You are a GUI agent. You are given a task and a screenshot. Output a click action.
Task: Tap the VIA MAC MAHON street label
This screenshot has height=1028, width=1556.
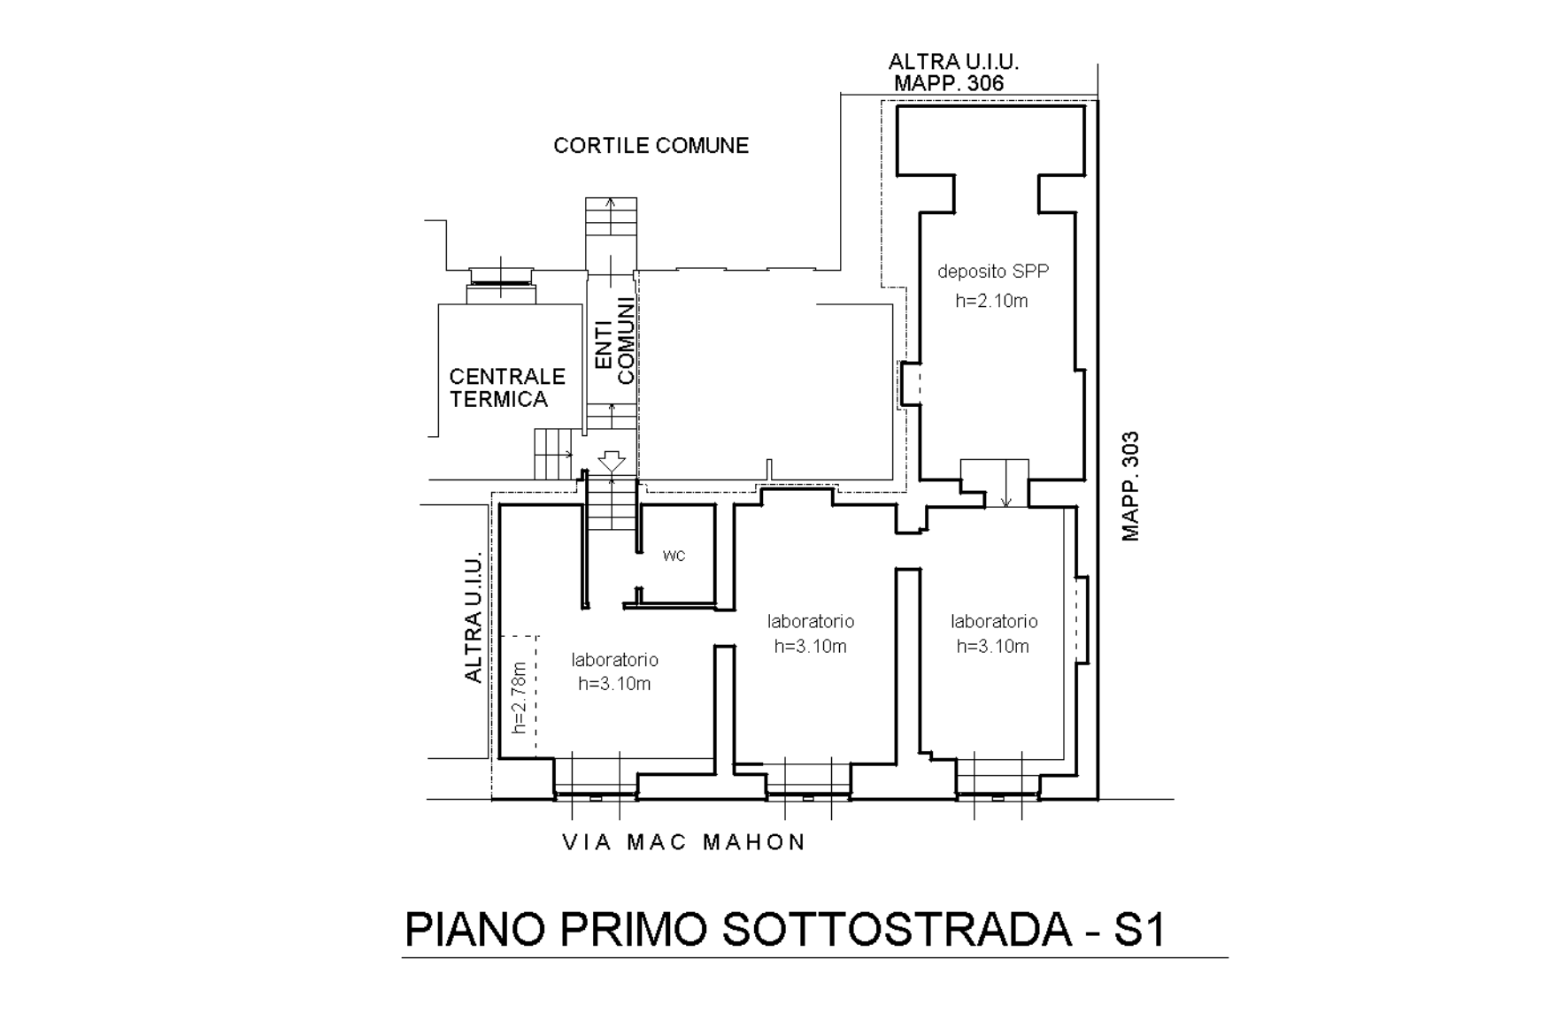point(684,842)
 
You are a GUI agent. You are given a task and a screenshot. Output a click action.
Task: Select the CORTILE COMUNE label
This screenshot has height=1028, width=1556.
point(651,145)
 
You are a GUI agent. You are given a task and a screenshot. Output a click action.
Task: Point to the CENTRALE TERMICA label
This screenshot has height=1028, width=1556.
point(506,387)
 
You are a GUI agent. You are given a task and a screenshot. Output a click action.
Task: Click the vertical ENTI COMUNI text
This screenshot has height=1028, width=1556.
point(614,343)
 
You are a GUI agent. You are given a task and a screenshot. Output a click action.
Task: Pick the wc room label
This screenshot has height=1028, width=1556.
point(674,556)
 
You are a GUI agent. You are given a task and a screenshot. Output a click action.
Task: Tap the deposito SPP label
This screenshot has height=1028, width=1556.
point(993,271)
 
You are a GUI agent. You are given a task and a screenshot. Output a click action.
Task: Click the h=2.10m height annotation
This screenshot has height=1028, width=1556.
point(991,301)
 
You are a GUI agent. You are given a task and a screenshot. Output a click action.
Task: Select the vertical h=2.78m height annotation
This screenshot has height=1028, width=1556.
point(520,697)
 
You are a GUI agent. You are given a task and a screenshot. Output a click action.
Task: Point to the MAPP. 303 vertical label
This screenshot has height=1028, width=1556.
point(1130,486)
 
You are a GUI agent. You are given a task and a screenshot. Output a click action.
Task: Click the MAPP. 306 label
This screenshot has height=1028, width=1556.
point(949,83)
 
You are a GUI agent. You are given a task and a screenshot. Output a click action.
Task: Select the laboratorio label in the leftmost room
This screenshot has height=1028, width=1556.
point(614,660)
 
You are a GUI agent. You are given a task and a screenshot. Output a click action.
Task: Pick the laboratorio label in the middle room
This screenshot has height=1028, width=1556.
point(811,621)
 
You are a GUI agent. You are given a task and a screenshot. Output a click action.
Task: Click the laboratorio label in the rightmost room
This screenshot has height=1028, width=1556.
point(994,621)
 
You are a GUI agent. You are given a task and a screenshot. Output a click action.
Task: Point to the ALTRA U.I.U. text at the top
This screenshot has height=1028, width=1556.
point(953,62)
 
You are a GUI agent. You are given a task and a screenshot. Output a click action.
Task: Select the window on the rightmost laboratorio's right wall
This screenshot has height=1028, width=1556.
point(1081,618)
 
